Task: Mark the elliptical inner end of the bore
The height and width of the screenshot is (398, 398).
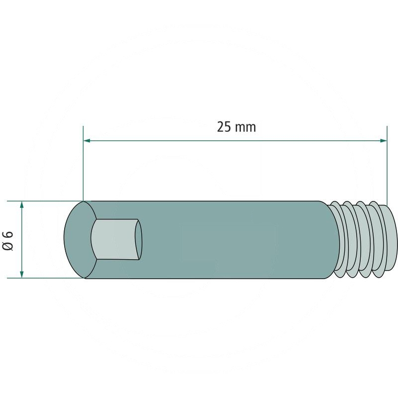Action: click(139, 239)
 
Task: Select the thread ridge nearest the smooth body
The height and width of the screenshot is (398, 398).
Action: click(338, 239)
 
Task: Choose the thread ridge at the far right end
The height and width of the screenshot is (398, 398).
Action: click(391, 239)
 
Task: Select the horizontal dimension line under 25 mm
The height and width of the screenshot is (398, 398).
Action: click(234, 141)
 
